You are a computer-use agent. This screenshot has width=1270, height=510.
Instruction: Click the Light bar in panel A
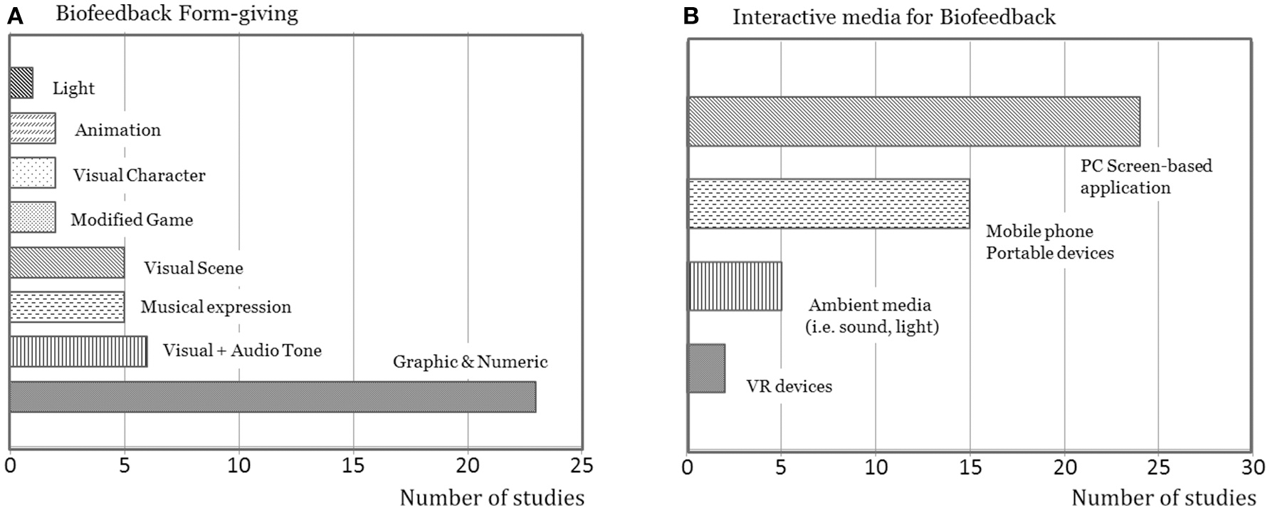pyautogui.click(x=21, y=83)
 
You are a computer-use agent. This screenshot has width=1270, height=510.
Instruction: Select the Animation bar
pyautogui.click(x=33, y=128)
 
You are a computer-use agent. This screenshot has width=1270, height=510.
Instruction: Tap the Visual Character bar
pyautogui.click(x=33, y=173)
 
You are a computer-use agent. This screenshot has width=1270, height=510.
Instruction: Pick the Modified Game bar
pyautogui.click(x=33, y=217)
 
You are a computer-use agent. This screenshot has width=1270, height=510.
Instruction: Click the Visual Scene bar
pyautogui.click(x=67, y=262)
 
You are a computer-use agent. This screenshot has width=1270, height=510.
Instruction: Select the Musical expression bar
pyautogui.click(x=67, y=307)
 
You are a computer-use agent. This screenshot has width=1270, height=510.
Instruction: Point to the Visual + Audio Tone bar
pyautogui.click(x=78, y=352)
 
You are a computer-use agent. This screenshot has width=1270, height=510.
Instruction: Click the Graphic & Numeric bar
pyautogui.click(x=273, y=397)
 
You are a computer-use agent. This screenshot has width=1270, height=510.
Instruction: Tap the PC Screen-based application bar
pyautogui.click(x=913, y=121)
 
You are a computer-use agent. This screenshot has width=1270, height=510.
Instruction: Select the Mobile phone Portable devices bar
pyautogui.click(x=829, y=204)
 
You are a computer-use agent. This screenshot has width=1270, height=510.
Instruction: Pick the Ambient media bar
pyautogui.click(x=735, y=286)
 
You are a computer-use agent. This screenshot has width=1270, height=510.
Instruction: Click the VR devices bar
pyautogui.click(x=706, y=368)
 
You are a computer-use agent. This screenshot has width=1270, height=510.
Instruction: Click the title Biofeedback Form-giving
pyautogui.click(x=178, y=15)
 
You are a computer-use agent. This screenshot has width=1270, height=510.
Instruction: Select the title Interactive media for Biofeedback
pyautogui.click(x=894, y=17)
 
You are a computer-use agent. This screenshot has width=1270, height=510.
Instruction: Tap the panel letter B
pyautogui.click(x=691, y=16)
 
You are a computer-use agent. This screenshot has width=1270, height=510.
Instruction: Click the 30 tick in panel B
pyautogui.click(x=1252, y=467)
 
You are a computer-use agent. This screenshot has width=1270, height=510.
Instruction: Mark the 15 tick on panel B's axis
pyautogui.click(x=970, y=467)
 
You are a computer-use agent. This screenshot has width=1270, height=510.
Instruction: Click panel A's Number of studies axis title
pyautogui.click(x=492, y=497)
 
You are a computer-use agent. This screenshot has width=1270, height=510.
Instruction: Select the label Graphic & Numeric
pyautogui.click(x=470, y=362)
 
